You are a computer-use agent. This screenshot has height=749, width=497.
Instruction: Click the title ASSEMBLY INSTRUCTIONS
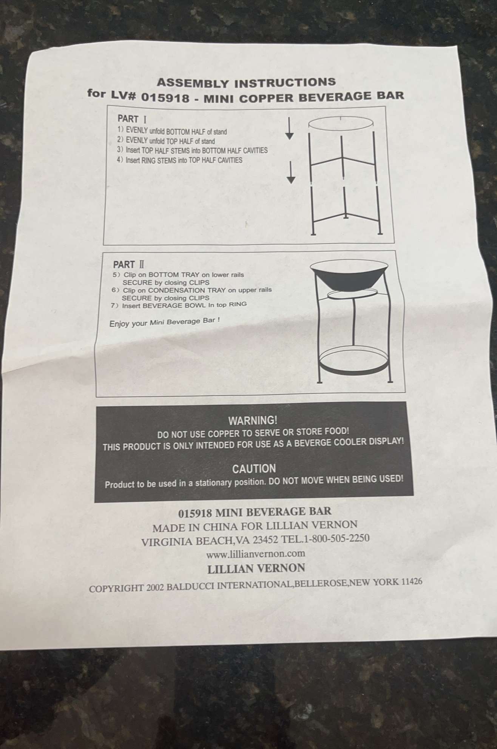pyautogui.click(x=246, y=82)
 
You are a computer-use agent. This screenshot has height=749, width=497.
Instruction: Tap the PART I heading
pyautogui.click(x=132, y=119)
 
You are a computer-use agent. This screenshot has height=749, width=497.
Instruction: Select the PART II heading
pyautogui.click(x=128, y=265)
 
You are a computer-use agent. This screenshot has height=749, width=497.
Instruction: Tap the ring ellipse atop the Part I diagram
pyautogui.click(x=341, y=123)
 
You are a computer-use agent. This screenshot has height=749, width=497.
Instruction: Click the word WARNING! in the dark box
pyautogui.click(x=253, y=420)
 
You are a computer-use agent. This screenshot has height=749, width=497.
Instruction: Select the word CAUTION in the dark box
pyautogui.click(x=254, y=469)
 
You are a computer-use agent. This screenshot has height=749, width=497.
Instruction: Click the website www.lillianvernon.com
pyautogui.click(x=256, y=554)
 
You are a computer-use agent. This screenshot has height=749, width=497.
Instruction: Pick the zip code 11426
pyautogui.click(x=412, y=581)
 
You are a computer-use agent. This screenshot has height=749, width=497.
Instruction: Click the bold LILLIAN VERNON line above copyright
pyautogui.click(x=256, y=568)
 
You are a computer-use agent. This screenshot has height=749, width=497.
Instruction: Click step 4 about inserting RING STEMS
pyautogui.click(x=179, y=160)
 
